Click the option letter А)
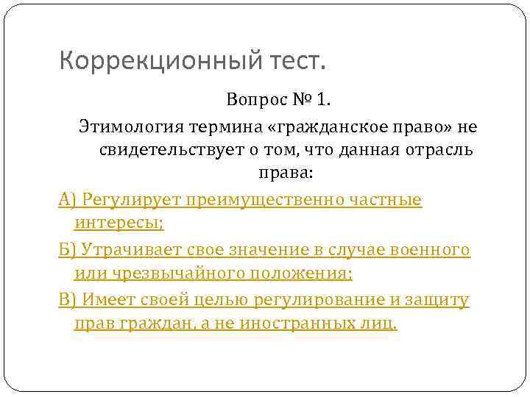tap(68, 199)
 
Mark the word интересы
tap(119, 223)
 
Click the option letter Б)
tap(68, 249)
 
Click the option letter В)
tap(68, 299)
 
